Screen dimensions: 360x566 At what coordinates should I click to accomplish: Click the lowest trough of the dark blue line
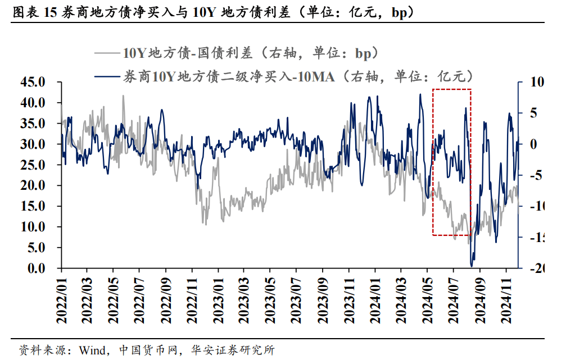(472, 265)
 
